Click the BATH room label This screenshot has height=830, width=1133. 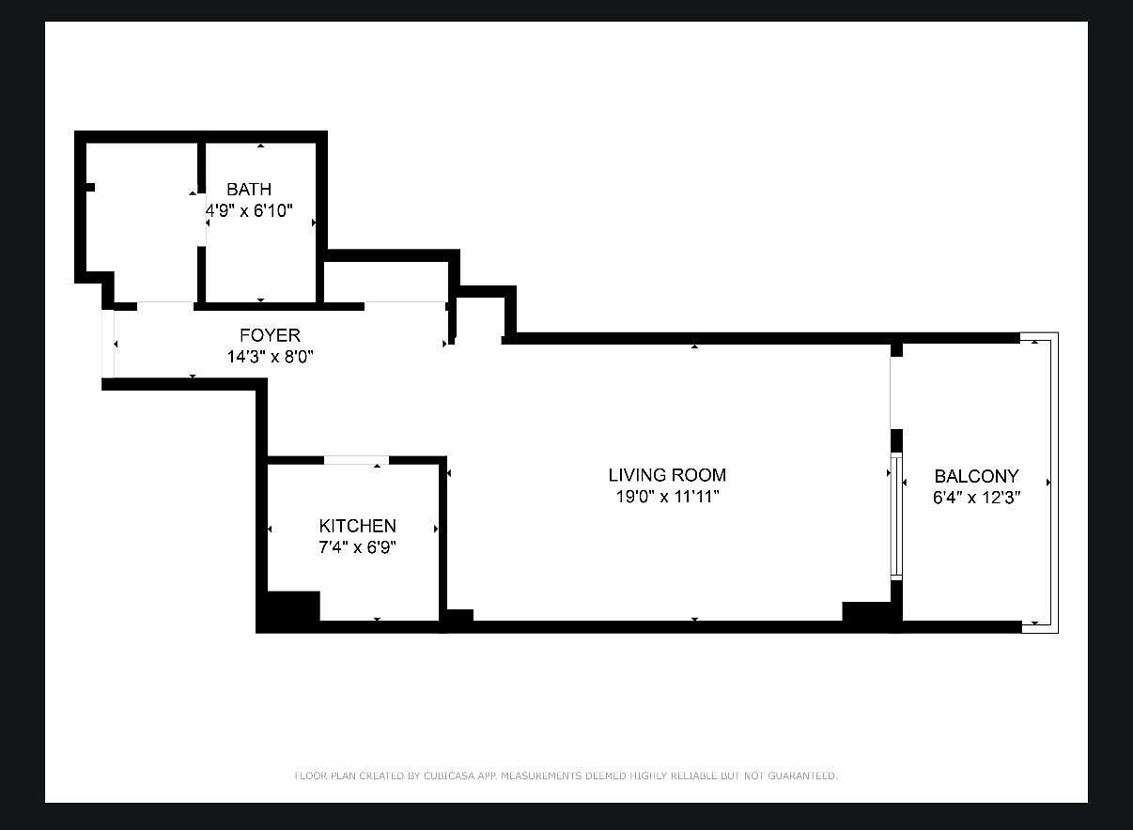249,189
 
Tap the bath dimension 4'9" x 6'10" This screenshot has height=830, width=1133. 249,210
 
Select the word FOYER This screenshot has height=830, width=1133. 271,335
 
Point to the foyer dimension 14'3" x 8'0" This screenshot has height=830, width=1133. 271,357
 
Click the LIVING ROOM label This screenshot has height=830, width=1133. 667,475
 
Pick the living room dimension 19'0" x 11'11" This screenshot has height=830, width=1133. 667,497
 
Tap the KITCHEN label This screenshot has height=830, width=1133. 358,526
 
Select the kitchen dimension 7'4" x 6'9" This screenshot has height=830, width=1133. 358,547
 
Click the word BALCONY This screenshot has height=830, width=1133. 977,476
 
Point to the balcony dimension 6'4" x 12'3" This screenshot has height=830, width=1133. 977,498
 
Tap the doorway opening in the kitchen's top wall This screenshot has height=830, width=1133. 357,460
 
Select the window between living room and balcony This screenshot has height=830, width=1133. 896,516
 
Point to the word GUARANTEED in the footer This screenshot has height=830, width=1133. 802,776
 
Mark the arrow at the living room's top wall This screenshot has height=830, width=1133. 694,346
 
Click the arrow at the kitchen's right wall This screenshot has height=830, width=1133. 436,530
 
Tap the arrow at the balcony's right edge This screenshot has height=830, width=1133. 1048,483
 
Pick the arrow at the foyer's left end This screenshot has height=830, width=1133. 116,345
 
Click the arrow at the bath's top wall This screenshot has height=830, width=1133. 260,146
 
